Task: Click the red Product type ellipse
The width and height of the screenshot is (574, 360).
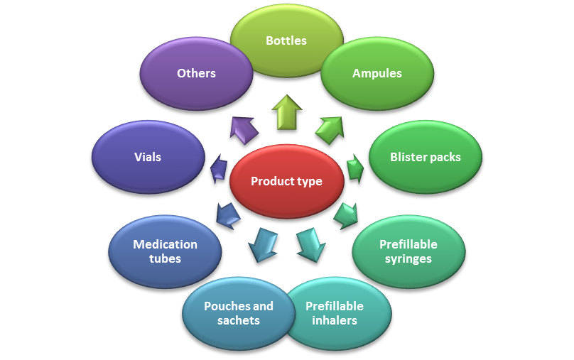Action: tap(286, 181)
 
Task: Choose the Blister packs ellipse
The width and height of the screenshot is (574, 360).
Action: tap(425, 157)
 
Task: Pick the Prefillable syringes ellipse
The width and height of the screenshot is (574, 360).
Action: tap(408, 251)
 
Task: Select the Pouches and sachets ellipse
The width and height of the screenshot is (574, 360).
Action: tap(238, 313)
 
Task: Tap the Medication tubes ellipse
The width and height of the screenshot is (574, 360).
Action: tap(165, 251)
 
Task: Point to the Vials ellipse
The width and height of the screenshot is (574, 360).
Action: tap(148, 157)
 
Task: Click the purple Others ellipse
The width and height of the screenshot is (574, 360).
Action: tap(196, 73)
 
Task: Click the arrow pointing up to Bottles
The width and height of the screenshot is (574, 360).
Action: tap(286, 111)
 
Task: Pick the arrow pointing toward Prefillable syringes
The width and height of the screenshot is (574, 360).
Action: tap(346, 214)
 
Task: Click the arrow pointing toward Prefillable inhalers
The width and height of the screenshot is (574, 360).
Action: tap(310, 244)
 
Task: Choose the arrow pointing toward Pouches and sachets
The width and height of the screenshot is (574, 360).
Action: tap(262, 244)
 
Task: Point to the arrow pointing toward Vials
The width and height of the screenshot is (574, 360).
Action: tap(219, 170)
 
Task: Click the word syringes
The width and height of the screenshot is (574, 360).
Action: tap(408, 258)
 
